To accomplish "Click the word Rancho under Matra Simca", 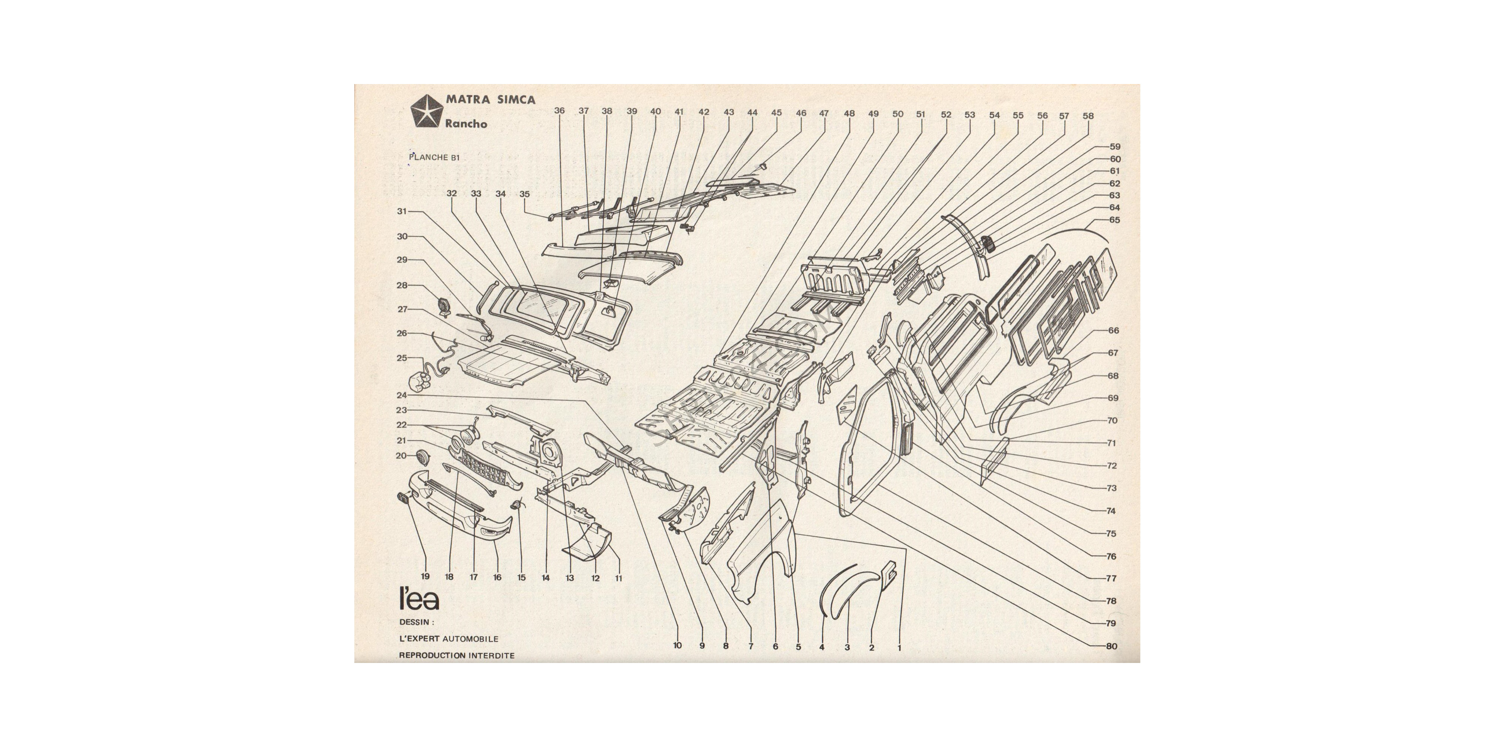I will tap(466, 124).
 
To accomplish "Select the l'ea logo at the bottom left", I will tap(419, 599).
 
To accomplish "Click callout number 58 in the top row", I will tap(1088, 116).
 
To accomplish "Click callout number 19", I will tap(425, 576).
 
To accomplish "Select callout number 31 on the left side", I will tap(402, 212).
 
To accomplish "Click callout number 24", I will tap(402, 396).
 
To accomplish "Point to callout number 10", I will tap(677, 645).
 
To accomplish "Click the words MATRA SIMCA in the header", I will tap(490, 99).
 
